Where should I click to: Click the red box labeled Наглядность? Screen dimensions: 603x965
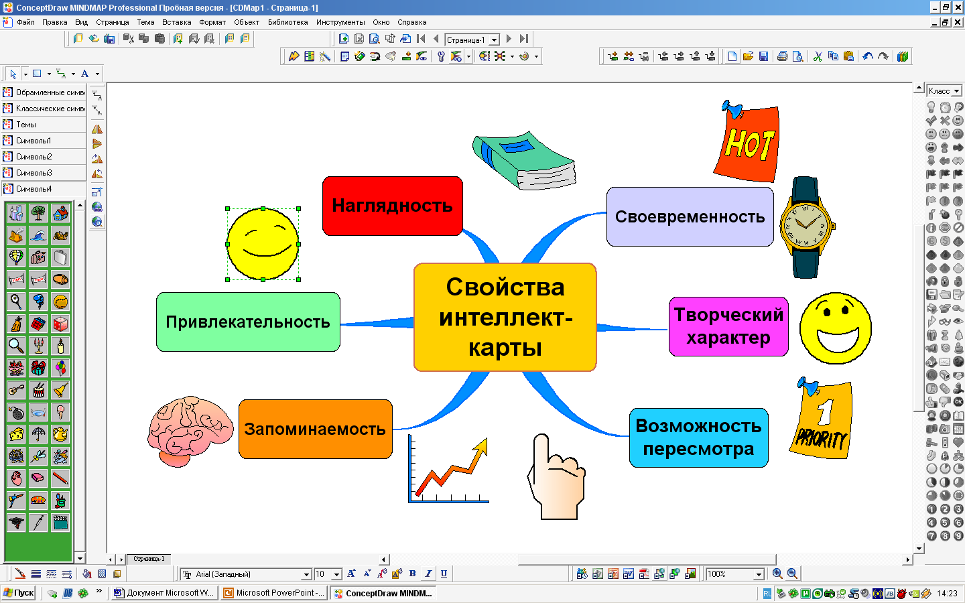click(392, 206)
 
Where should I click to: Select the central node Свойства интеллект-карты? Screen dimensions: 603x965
click(505, 317)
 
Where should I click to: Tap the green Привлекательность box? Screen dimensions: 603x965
click(248, 322)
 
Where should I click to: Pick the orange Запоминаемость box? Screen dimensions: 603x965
click(315, 429)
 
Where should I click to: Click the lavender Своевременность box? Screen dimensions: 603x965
click(690, 216)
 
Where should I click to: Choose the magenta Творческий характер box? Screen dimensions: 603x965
click(728, 326)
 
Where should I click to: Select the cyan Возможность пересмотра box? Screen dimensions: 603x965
click(698, 438)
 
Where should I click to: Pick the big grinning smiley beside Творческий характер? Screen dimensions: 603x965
click(835, 328)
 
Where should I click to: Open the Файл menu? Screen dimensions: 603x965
click(25, 22)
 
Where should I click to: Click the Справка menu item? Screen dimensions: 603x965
click(411, 22)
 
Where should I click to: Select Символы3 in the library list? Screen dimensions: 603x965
click(34, 173)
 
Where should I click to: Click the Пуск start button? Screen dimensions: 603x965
click(19, 593)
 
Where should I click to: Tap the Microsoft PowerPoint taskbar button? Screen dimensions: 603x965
click(274, 593)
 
